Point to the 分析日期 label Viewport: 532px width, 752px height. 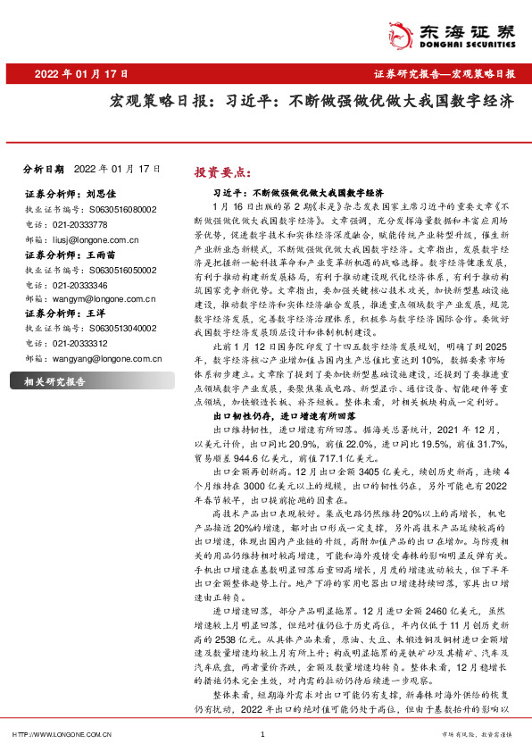(44, 168)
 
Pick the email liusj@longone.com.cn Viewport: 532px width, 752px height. (91, 239)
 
